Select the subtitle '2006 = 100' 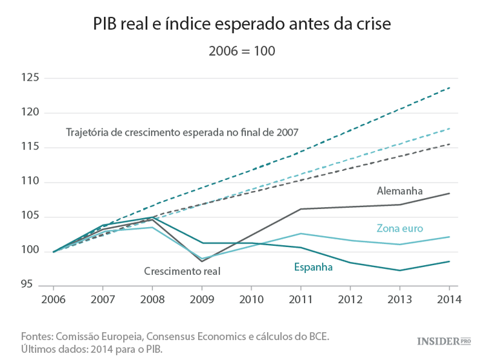tap(242, 50)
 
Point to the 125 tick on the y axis tap(31, 78)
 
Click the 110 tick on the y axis tap(31, 182)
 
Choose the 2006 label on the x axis tap(53, 299)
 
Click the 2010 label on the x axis tap(251, 299)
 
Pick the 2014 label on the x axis tap(449, 299)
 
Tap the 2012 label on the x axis tap(350, 299)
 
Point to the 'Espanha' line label tap(313, 266)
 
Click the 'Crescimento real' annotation tap(181, 272)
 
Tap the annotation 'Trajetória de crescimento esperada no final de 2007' tap(182, 133)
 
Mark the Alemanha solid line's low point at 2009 tap(201, 261)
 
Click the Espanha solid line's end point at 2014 tap(449, 261)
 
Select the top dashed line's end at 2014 tap(449, 87)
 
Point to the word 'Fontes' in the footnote tap(37, 336)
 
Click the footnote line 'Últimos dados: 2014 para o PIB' tap(92, 349)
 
